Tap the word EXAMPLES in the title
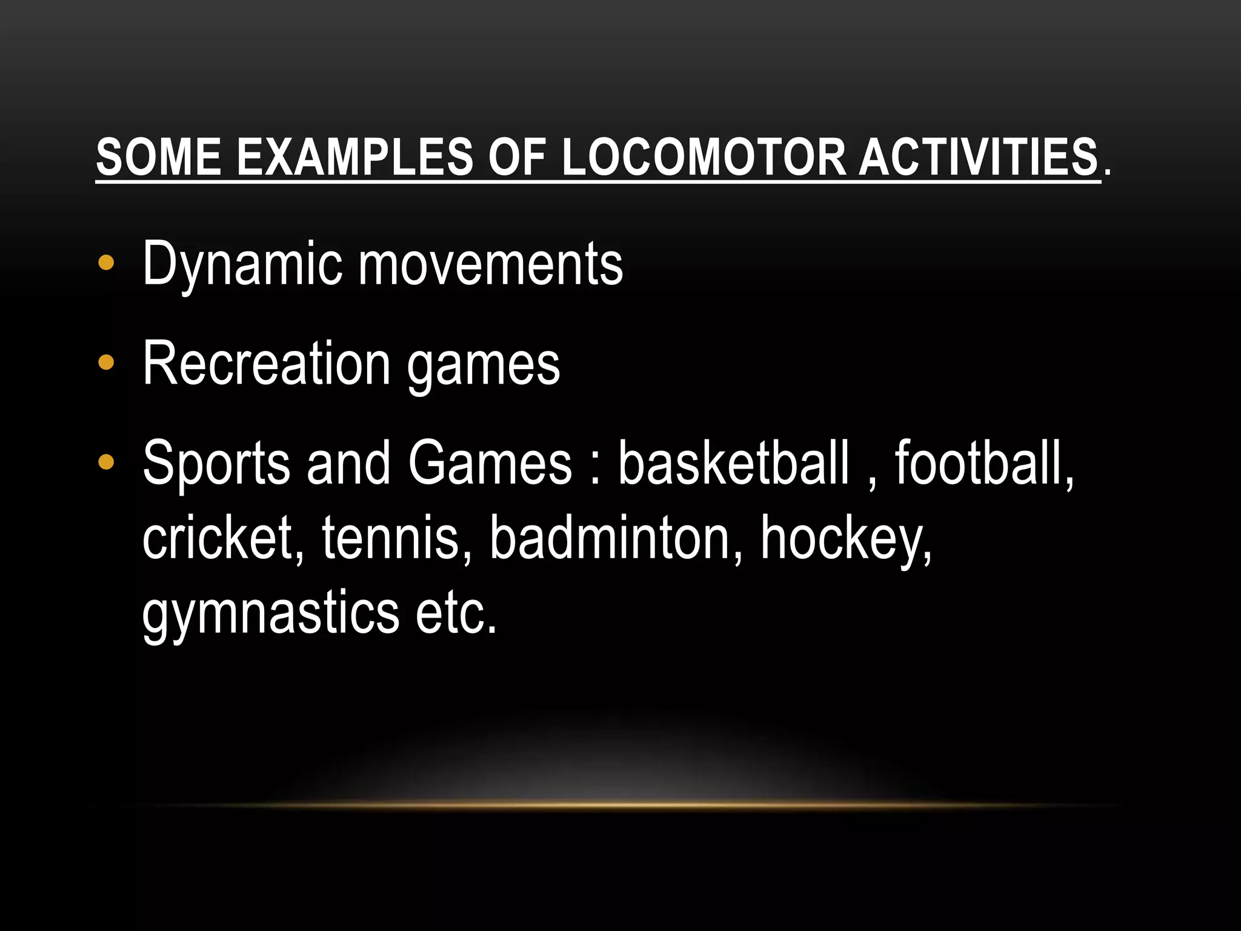[354, 157]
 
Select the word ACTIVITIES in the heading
[978, 157]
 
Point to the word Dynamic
[242, 264]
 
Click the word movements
[491, 264]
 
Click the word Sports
[216, 464]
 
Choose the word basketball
[733, 464]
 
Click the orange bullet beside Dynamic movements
[106, 264]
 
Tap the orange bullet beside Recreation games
[106, 363]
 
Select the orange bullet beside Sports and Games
[106, 463]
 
